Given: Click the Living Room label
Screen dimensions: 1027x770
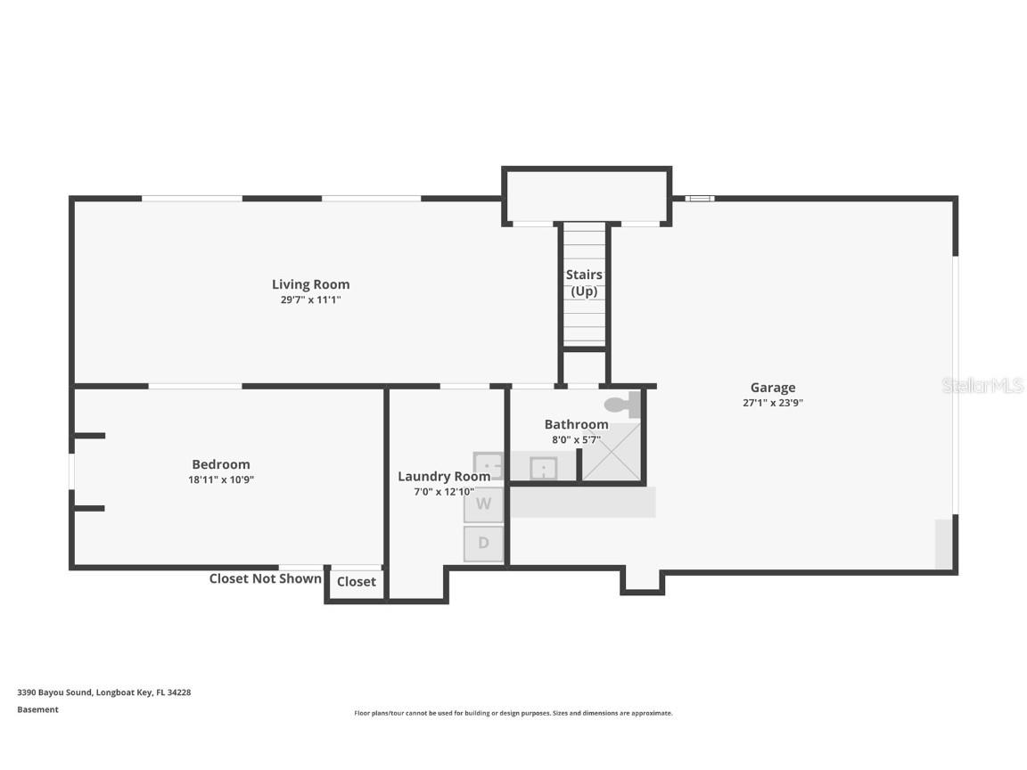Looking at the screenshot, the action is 310,284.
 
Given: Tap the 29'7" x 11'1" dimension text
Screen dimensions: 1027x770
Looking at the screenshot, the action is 310,299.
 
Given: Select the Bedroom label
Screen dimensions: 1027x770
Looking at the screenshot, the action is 221,464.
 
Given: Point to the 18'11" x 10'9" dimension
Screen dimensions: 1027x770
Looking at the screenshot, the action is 221,479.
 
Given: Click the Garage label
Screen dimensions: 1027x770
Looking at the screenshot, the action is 773,388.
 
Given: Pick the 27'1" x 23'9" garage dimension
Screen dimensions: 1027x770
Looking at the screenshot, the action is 773,403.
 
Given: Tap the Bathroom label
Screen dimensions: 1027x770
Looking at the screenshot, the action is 577,424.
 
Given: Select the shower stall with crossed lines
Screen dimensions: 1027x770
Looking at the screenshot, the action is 611,452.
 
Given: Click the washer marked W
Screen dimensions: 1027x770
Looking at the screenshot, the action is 483,504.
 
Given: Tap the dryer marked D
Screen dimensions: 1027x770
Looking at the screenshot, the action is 483,544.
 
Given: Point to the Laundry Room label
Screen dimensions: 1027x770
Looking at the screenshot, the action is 444,477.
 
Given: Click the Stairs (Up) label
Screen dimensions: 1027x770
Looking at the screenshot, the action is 584,283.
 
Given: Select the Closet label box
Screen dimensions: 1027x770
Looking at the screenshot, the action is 357,581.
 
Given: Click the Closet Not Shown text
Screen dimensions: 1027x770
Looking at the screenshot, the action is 266,578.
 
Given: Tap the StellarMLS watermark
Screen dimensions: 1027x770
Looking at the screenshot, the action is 982,385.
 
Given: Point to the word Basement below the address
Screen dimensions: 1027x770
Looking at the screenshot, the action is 37,709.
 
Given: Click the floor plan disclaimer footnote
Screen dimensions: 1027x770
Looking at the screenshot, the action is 513,713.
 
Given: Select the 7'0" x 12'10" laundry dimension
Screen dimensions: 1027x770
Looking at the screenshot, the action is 444,492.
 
